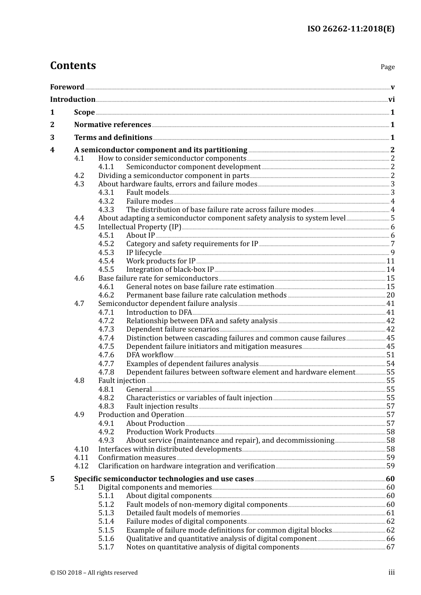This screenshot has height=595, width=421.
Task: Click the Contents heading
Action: pyautogui.click(x=73, y=66)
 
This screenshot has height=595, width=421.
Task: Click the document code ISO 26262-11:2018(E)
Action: pyautogui.click(x=351, y=29)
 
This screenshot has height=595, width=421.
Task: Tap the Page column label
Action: pyautogui.click(x=387, y=67)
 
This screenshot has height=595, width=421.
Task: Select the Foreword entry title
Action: pyautogui.click(x=67, y=87)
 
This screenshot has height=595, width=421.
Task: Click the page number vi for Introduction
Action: pyautogui.click(x=391, y=100)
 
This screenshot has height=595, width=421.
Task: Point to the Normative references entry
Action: pyautogui.click(x=113, y=125)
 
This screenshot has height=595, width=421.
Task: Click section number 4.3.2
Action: pyautogui.click(x=106, y=201)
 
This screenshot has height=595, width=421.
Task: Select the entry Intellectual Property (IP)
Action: pyautogui.click(x=140, y=227)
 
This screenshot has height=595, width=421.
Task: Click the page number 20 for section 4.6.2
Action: pyautogui.click(x=390, y=295)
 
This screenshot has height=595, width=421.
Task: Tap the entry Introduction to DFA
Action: pyautogui.click(x=159, y=313)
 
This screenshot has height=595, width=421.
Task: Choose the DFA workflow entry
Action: pyautogui.click(x=150, y=355)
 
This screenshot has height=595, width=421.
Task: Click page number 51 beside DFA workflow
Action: pyautogui.click(x=390, y=355)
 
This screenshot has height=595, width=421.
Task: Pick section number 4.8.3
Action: pyautogui.click(x=106, y=406)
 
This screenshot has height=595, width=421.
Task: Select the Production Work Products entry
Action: pyautogui.click(x=170, y=432)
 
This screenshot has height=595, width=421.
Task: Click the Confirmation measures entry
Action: pyautogui.click(x=137, y=458)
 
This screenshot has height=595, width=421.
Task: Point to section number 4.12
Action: pyautogui.click(x=81, y=466)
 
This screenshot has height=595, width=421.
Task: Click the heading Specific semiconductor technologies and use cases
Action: pyautogui.click(x=164, y=479)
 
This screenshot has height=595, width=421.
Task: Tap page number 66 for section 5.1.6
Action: pyautogui.click(x=390, y=539)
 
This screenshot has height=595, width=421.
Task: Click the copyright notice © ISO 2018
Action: pyautogui.click(x=94, y=573)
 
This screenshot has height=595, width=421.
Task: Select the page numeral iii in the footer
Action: pyautogui.click(x=391, y=572)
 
